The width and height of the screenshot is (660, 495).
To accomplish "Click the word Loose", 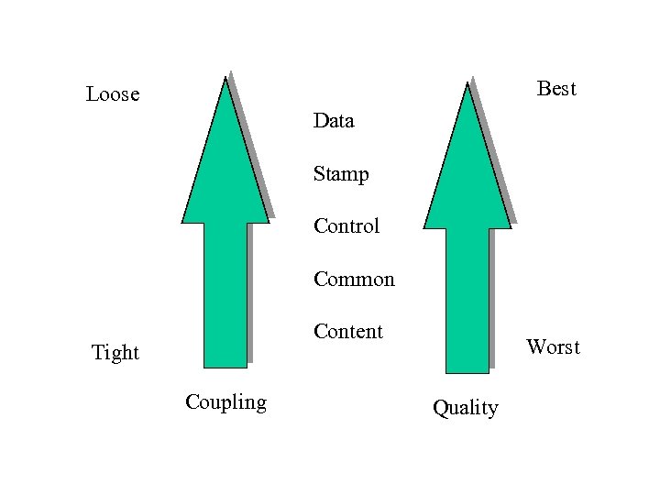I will pyautogui.click(x=113, y=93).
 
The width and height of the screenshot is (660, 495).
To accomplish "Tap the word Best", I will pyautogui.click(x=556, y=88).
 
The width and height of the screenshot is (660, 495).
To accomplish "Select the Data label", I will pyautogui.click(x=334, y=120).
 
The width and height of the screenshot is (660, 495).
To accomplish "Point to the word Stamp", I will pyautogui.click(x=341, y=173).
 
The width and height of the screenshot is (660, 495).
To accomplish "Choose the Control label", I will pyautogui.click(x=346, y=226).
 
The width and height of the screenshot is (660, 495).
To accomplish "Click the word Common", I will pyautogui.click(x=354, y=279).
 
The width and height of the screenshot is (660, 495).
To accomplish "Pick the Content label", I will pyautogui.click(x=348, y=331).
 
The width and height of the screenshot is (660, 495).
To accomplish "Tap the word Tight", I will pyautogui.click(x=115, y=352).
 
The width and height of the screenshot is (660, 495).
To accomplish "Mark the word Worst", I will pyautogui.click(x=553, y=347).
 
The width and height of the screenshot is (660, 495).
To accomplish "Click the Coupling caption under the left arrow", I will pyautogui.click(x=225, y=401).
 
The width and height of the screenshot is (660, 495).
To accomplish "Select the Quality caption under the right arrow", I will pyautogui.click(x=465, y=407).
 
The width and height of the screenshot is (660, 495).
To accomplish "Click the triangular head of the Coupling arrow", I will pyautogui.click(x=225, y=174).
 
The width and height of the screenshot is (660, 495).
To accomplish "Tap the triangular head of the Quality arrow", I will pyautogui.click(x=467, y=180).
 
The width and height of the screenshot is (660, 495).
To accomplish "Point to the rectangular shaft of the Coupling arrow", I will pyautogui.click(x=225, y=293).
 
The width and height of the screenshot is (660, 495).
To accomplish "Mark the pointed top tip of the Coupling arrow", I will pyautogui.click(x=225, y=79).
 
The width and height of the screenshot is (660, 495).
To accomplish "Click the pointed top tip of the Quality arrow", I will pyautogui.click(x=467, y=84).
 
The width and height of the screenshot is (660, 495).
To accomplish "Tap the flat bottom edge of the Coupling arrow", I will pyautogui.click(x=225, y=367).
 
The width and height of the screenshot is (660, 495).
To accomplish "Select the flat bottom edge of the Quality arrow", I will pyautogui.click(x=467, y=372).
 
